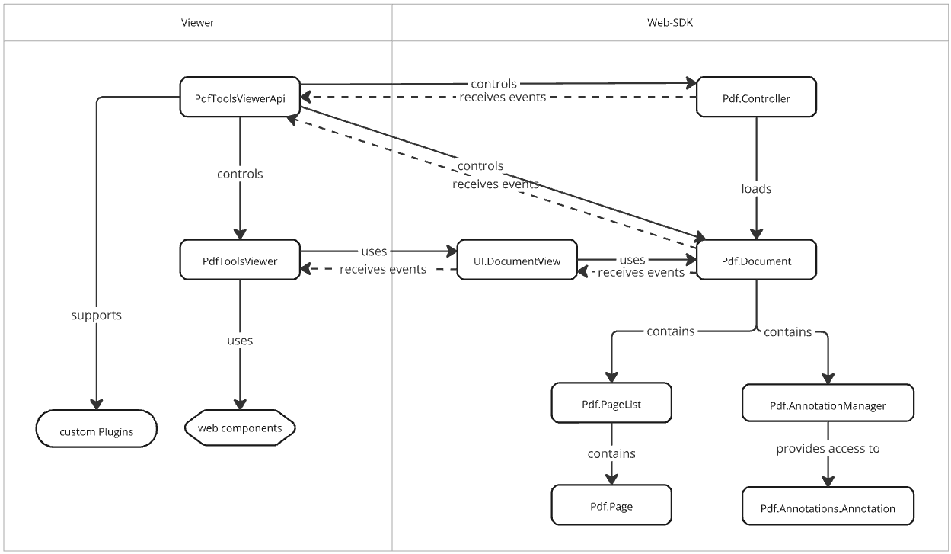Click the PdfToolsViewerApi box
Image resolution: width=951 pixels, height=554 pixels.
tap(240, 97)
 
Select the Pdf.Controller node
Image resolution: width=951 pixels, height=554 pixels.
tap(756, 98)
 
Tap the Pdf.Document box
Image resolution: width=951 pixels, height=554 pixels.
tap(756, 261)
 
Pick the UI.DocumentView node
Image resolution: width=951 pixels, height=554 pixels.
tap(517, 261)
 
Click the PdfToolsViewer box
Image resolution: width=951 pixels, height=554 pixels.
tap(240, 261)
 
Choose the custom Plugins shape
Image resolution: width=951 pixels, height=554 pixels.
tap(96, 431)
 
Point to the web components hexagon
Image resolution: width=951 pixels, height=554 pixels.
tap(240, 428)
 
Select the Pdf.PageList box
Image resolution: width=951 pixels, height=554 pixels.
tap(611, 404)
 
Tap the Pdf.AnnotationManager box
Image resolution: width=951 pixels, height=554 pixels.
tap(827, 405)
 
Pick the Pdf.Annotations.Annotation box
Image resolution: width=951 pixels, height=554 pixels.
tap(827, 508)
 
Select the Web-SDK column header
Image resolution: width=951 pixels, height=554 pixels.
tap(670, 22)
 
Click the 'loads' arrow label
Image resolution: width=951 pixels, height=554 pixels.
tap(756, 188)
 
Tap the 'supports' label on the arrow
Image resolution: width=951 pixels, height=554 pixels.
tap(96, 315)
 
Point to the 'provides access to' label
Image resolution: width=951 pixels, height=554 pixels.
tap(828, 449)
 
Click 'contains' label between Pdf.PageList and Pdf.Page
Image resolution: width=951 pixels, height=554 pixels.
tap(611, 453)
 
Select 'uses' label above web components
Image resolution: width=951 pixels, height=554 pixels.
tap(240, 341)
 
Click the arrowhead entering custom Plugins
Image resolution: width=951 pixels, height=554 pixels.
tap(96, 404)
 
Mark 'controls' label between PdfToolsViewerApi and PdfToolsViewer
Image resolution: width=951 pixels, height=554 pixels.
tap(240, 174)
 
